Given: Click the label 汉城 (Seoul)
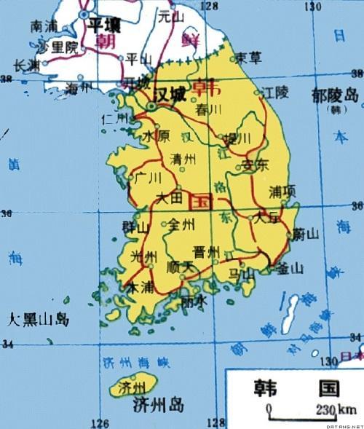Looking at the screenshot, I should point(171,95).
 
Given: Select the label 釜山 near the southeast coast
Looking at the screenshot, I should point(290,269).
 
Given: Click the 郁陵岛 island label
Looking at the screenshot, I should point(335,95).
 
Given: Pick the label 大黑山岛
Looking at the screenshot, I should point(38,319).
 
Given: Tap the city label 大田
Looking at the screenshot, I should point(169,197).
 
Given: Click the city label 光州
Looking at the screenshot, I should point(143,256).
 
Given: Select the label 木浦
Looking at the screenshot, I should point(141,288).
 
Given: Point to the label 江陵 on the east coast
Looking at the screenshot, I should point(277,93).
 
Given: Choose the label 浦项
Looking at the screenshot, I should point(282,191).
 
